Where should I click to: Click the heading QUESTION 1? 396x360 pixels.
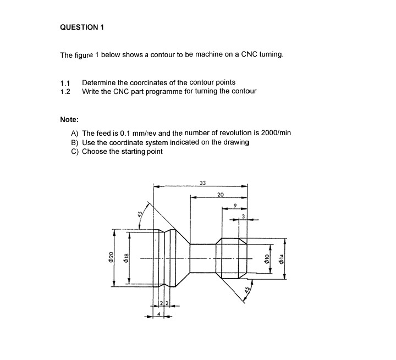click(82, 27)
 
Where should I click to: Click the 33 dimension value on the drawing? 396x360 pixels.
click(202, 182)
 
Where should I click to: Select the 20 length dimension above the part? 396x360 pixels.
click(221, 195)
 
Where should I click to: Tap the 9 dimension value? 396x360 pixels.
click(235, 206)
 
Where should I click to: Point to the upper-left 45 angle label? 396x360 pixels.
click(140, 214)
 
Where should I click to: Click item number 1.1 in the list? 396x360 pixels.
click(65, 82)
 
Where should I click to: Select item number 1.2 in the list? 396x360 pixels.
click(65, 91)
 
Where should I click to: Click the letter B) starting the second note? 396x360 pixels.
click(75, 142)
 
